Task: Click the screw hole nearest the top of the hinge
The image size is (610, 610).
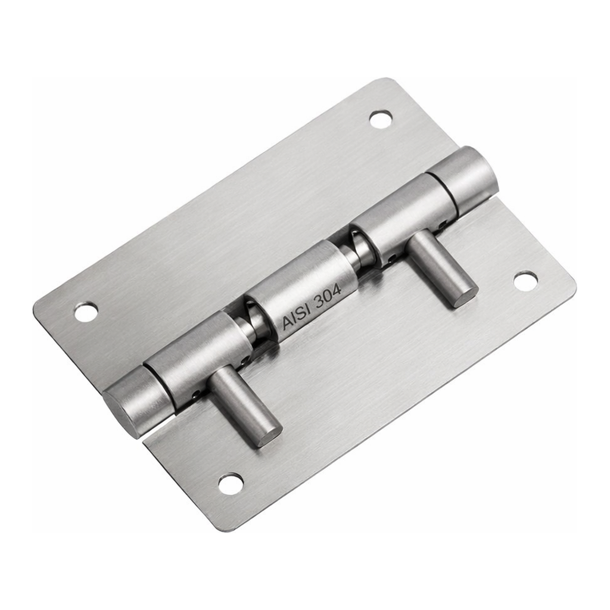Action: (380, 119)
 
